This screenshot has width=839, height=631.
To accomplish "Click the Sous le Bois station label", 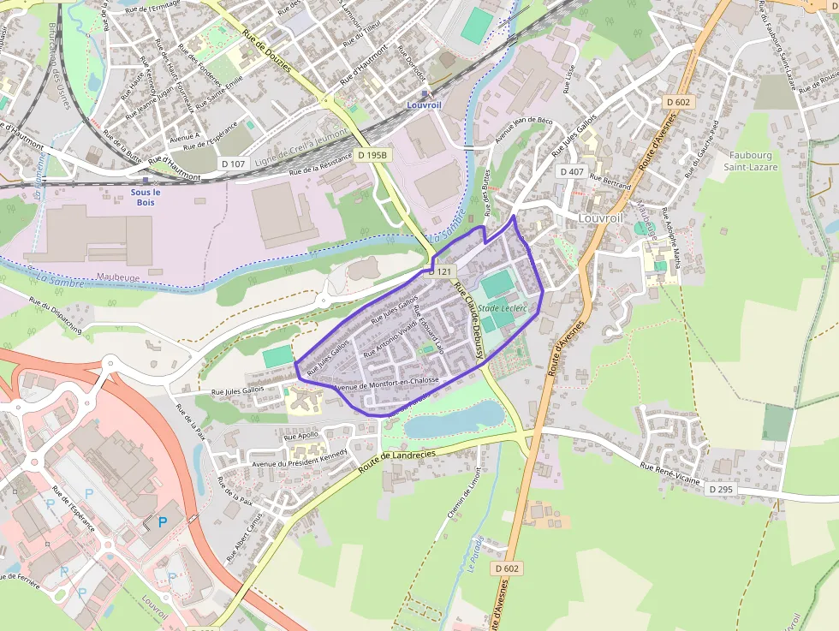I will tap(146, 197).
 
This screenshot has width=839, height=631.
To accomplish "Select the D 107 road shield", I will tap(233, 164).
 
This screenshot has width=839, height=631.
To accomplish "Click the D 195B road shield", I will tap(372, 155).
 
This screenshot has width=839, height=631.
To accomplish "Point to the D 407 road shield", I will tap(571, 171).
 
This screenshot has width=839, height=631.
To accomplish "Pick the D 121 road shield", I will tap(440, 271).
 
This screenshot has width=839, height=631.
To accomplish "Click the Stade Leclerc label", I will tap(501, 307).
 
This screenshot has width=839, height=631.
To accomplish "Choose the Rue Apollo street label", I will tap(300, 434).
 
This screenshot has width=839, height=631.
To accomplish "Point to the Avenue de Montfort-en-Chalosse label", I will tap(385, 383).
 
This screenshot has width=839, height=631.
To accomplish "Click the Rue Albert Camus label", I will tap(243, 537).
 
